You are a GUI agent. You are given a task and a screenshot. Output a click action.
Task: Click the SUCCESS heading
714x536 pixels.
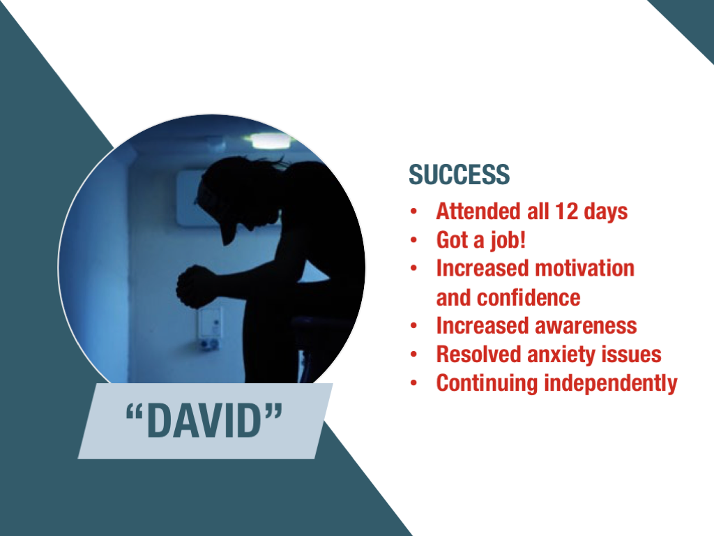459,174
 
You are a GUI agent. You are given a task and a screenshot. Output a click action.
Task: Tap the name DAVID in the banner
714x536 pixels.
204,421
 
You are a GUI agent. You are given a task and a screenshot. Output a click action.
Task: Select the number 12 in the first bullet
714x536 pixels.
566,211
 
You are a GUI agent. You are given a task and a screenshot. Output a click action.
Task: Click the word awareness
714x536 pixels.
586,326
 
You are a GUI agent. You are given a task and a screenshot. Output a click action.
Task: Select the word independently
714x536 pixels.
611,383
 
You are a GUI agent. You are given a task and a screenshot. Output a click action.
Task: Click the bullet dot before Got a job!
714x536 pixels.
413,240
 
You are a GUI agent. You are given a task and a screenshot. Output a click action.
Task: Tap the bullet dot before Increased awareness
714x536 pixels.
413,326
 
